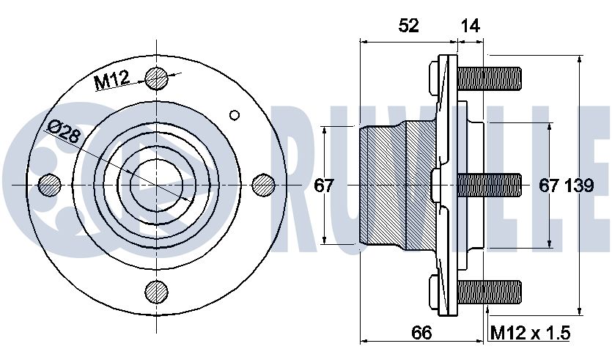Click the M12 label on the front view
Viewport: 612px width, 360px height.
pos(112,80)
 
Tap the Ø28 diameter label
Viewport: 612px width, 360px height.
pos(64,131)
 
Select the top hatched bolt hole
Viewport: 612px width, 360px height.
pos(157,78)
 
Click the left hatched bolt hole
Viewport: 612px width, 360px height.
pos(51,184)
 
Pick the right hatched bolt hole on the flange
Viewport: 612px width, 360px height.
pos(263,185)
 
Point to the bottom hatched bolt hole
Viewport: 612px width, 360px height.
pos(157,291)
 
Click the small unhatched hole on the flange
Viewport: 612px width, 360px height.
pos(235,115)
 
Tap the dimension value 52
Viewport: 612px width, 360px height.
pos(409,26)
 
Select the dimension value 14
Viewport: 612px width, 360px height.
pos(470,26)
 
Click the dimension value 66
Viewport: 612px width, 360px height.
pos(421,333)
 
